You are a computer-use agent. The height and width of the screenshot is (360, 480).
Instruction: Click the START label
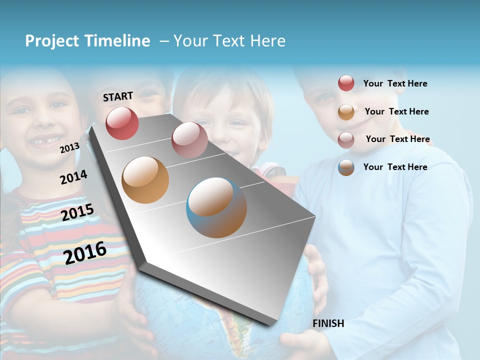pos(118,96)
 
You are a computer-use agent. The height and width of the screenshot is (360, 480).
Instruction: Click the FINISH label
pos(328,323)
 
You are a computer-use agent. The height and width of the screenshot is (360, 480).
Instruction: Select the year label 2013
pos(69,147)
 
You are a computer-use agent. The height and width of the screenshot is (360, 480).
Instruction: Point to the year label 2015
pos(77,212)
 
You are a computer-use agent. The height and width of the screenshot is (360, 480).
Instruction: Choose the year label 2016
pos(85,252)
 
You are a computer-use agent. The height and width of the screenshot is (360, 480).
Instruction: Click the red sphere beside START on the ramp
pos(122,123)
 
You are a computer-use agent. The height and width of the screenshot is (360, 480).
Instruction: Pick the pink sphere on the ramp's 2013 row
pos(189,140)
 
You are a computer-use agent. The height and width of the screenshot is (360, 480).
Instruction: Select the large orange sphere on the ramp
pos(145,180)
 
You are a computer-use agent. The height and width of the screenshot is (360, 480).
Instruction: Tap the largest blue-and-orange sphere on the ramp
pos(216,207)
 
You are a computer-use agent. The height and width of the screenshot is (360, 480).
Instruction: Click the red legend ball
pos(346,83)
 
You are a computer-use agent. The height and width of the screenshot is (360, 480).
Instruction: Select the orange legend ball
pos(346,112)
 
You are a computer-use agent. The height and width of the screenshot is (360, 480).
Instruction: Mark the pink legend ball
pos(346,140)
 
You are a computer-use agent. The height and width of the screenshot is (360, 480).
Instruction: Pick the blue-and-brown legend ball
pos(346,167)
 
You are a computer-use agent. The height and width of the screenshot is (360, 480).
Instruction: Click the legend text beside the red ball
pos(395,83)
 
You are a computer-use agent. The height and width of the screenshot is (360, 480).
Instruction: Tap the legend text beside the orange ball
pos(396,111)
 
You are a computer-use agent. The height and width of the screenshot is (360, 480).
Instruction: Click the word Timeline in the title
pos(117,41)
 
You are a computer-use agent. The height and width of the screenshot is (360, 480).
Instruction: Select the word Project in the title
pos(52,41)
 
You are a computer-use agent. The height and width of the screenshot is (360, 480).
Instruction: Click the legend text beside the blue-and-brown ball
pos(395,167)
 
